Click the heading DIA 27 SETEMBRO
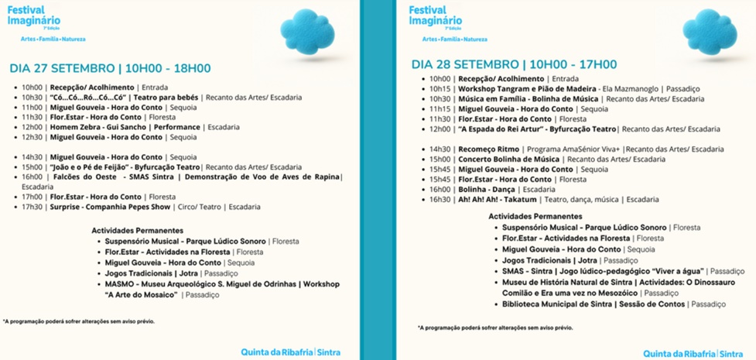tap(62, 68)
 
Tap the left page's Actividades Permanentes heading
tap(137, 231)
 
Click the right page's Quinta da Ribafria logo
tap(681, 353)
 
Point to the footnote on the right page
tap(495, 327)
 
